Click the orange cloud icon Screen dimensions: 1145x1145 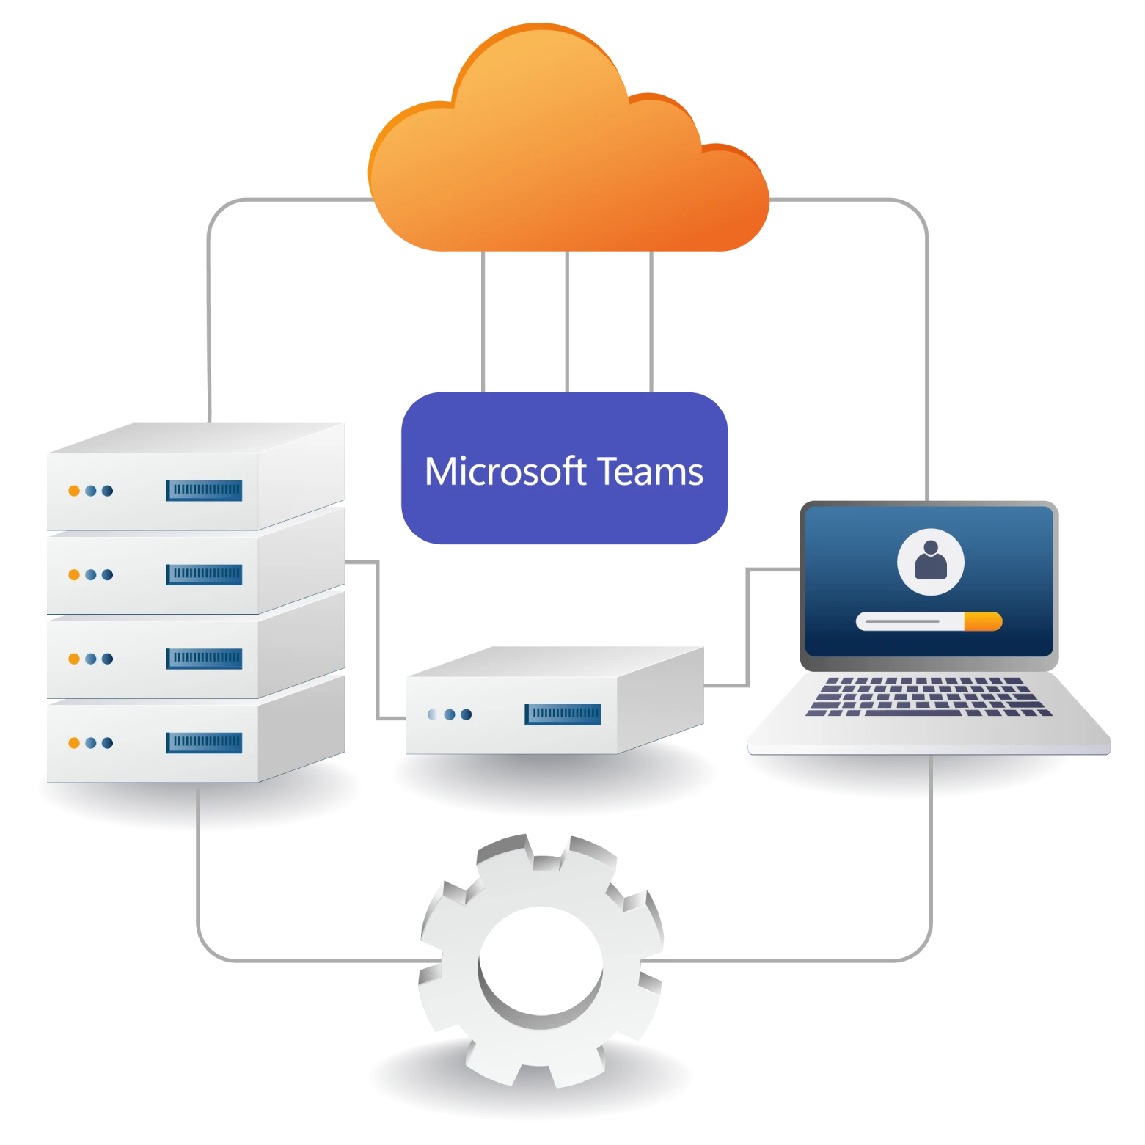coord(568,147)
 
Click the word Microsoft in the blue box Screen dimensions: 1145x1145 coord(505,471)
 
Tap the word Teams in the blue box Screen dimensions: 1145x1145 coord(650,471)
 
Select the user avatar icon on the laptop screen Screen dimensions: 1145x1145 coord(931,562)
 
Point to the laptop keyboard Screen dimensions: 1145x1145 coord(929,697)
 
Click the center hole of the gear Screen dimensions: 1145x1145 coord(541,960)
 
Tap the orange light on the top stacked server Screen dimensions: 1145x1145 coord(74,491)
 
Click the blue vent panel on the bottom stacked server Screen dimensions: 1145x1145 coord(204,742)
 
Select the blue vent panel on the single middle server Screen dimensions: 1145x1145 coord(563,714)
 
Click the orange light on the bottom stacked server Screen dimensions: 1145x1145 coord(74,743)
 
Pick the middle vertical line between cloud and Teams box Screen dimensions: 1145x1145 coord(567,322)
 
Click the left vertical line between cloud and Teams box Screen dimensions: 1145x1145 coord(483,322)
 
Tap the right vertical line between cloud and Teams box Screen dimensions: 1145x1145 coord(651,322)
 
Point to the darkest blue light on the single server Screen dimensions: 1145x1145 coord(467,714)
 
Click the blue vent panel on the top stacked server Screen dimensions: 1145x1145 coord(204,490)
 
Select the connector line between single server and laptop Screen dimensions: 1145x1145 coord(747,627)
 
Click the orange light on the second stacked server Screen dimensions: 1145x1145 coord(74,575)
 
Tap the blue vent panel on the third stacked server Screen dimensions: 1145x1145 coord(204,659)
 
